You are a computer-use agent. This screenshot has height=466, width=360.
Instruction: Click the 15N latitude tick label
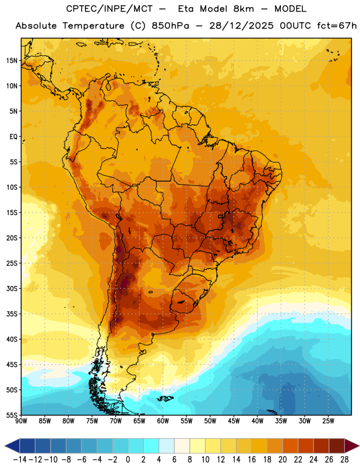[12, 61]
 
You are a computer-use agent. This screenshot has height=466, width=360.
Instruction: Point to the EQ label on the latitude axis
[13, 137]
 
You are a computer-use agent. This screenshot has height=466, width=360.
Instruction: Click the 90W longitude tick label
[21, 421]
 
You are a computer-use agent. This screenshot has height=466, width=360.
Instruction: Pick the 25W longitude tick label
[328, 421]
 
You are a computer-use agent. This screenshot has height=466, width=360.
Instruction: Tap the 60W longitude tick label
[163, 421]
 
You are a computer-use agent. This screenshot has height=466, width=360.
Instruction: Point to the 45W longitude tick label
[234, 421]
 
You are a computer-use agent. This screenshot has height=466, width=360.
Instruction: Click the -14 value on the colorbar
[20, 460]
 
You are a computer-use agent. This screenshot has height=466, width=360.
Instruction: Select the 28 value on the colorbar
[344, 460]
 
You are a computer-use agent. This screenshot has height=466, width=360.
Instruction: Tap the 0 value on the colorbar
[128, 460]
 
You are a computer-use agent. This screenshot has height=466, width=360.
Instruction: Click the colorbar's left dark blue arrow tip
[5, 446]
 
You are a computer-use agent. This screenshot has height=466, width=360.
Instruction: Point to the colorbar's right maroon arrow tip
[359, 446]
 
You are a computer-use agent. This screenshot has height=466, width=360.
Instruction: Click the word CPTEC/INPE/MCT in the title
[109, 9]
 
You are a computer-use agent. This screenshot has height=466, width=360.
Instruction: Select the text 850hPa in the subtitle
[170, 26]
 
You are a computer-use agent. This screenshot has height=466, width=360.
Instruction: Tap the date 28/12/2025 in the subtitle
[241, 26]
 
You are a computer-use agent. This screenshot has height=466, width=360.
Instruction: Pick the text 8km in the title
[243, 9]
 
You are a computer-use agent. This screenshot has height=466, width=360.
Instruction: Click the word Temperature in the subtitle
[93, 26]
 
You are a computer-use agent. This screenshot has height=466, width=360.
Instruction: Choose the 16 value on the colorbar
[252, 460]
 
